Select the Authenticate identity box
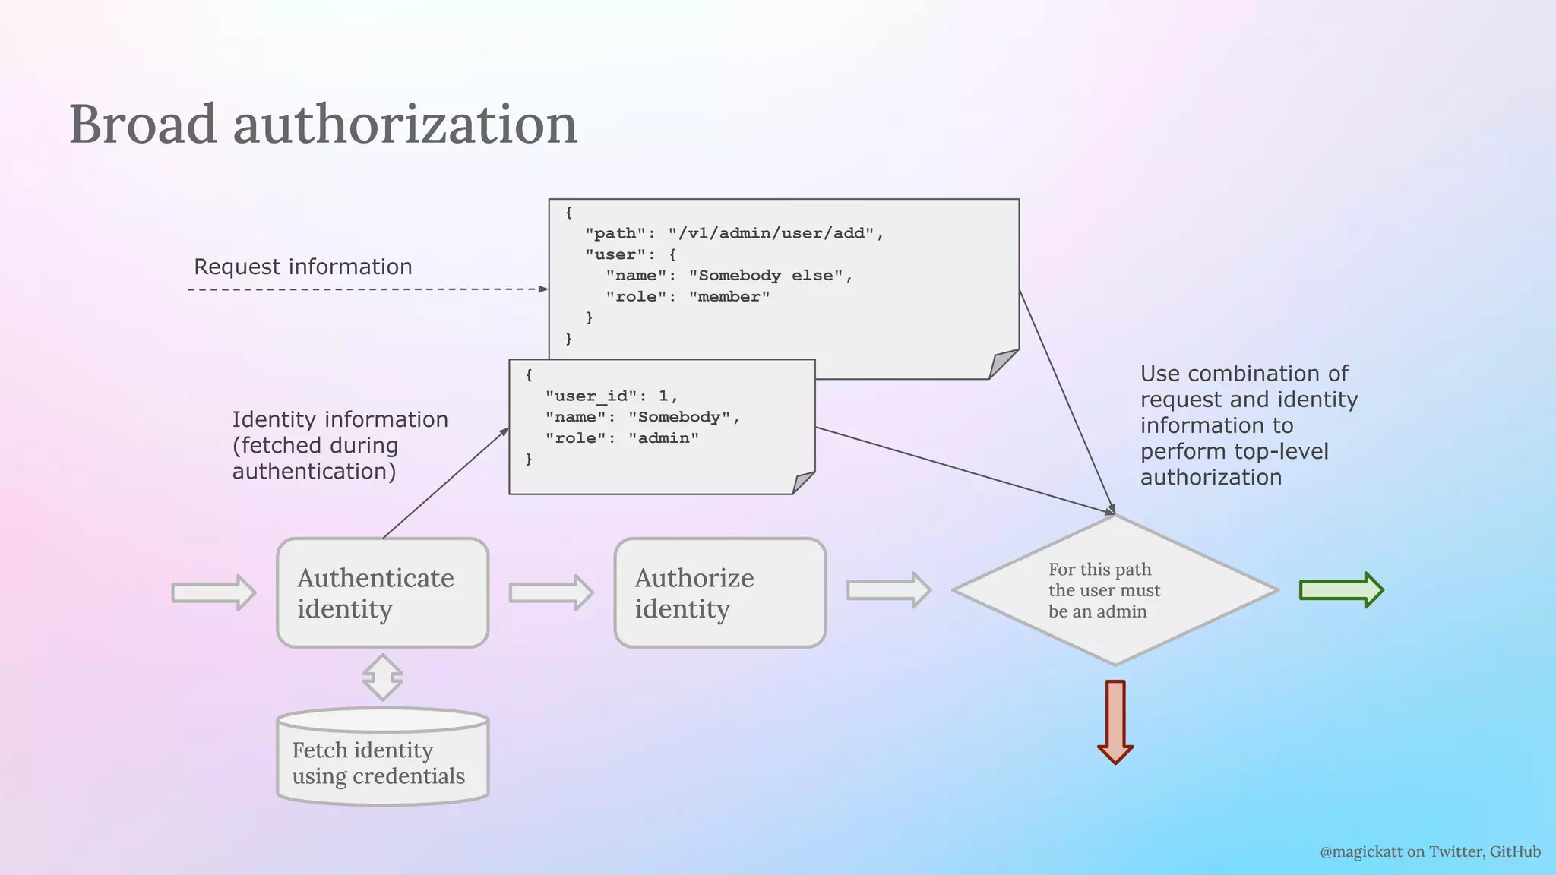click(382, 593)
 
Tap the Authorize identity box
click(719, 593)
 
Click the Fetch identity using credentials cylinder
click(382, 762)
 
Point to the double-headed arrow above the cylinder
click(382, 677)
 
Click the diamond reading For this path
click(1115, 590)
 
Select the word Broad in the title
click(143, 124)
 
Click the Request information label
click(302, 267)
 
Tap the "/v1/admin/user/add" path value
click(771, 233)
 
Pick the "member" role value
click(729, 297)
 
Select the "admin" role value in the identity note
click(663, 438)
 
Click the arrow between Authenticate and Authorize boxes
click(551, 592)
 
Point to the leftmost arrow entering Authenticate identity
click(213, 592)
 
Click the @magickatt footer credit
click(1430, 851)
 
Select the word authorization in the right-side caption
click(1210, 477)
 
